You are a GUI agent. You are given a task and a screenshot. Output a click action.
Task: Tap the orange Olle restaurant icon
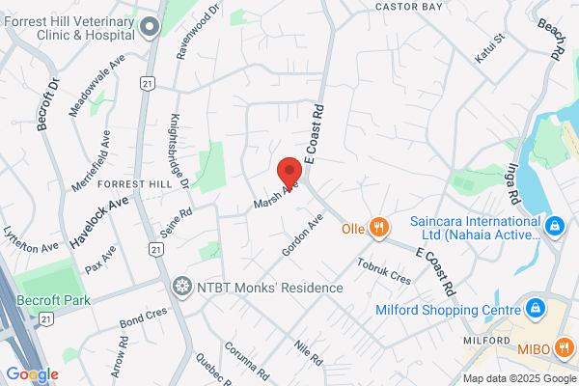point(379,229)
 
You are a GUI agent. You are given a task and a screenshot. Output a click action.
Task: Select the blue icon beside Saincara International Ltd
point(554,228)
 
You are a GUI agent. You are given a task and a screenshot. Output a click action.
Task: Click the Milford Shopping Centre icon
point(534,309)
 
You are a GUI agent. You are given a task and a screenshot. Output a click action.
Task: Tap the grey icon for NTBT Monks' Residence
point(180,287)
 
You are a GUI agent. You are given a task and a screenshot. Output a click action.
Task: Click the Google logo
point(33,374)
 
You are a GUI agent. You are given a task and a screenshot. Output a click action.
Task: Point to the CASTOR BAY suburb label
point(398,7)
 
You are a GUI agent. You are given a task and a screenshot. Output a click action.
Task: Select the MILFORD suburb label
point(484,341)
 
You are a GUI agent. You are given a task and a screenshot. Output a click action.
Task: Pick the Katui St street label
point(490,50)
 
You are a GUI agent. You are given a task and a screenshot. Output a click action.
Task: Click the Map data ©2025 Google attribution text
point(518,378)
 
